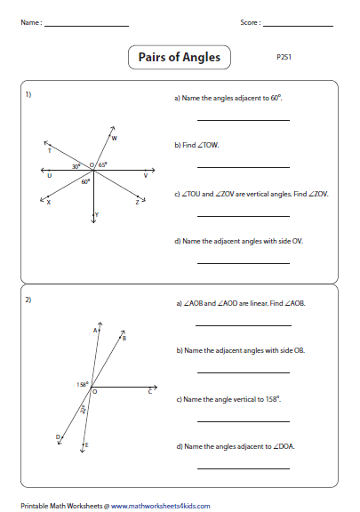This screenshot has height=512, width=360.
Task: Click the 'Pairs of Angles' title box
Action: (179, 59)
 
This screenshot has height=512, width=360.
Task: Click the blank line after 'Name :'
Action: (85, 24)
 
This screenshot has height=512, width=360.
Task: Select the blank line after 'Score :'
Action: (305, 24)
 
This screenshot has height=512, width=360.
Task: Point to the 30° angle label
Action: (76, 166)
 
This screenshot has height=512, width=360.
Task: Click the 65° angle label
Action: (103, 164)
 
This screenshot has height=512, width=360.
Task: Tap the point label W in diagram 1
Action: (115, 138)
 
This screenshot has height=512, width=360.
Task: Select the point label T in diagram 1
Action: (49, 151)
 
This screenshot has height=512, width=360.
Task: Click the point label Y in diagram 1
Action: (97, 215)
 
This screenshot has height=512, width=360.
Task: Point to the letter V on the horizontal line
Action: (145, 176)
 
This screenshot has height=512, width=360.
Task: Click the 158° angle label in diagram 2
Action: (83, 384)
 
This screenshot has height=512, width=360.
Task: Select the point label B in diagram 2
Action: (124, 339)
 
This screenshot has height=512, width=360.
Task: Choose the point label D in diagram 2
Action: (58, 436)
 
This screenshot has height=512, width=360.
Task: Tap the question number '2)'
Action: (28, 299)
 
